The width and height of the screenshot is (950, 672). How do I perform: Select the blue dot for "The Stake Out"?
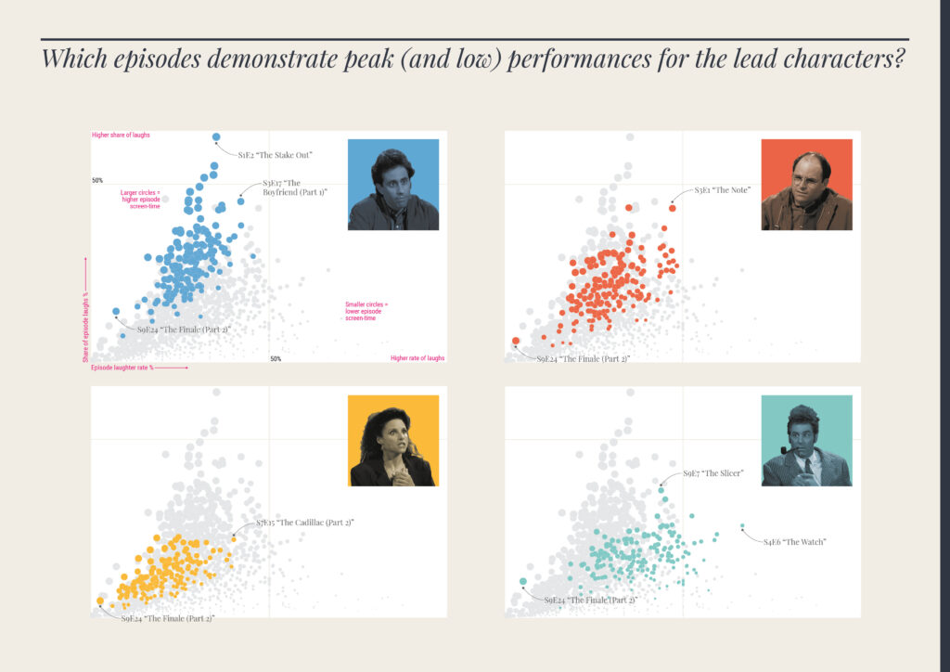tap(216, 137)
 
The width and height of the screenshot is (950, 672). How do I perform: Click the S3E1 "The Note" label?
tap(723, 190)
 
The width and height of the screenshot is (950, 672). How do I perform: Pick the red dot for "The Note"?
tap(672, 208)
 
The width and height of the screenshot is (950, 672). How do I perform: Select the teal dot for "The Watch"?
tap(742, 527)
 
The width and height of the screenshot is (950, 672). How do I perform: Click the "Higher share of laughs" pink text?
tap(121, 136)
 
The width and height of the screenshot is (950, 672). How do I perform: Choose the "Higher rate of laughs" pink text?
tap(417, 358)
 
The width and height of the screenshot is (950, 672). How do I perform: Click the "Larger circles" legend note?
tap(141, 200)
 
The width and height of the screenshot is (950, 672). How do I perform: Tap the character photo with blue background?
tap(392, 185)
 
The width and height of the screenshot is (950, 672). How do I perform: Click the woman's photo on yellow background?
tap(392, 441)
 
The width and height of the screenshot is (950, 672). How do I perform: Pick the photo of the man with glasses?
tap(806, 185)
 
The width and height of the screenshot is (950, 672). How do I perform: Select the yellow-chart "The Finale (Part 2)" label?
tap(168, 618)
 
